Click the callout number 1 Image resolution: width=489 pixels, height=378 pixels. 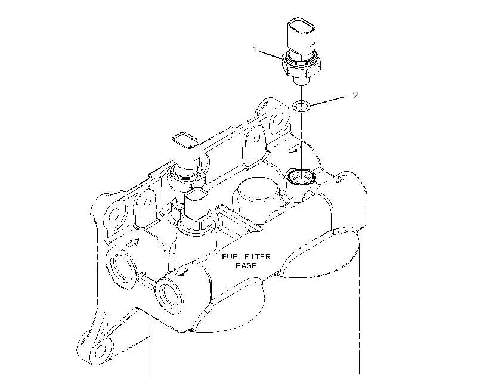pyautogui.click(x=255, y=49)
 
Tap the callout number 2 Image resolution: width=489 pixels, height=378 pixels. pyautogui.click(x=355, y=95)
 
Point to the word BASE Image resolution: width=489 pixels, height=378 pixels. pyautogui.click(x=246, y=265)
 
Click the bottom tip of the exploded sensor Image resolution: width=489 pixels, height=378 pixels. pyautogui.click(x=301, y=82)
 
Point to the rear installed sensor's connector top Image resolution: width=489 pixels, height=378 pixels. pyautogui.click(x=187, y=141)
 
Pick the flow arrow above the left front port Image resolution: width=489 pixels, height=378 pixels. pyautogui.click(x=132, y=243)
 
